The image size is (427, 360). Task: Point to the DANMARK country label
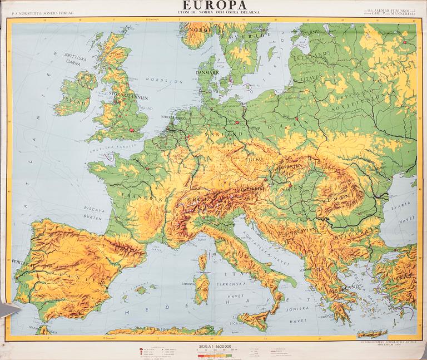(206, 73)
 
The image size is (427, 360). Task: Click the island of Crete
(372, 333)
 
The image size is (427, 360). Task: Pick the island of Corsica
(202, 261)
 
